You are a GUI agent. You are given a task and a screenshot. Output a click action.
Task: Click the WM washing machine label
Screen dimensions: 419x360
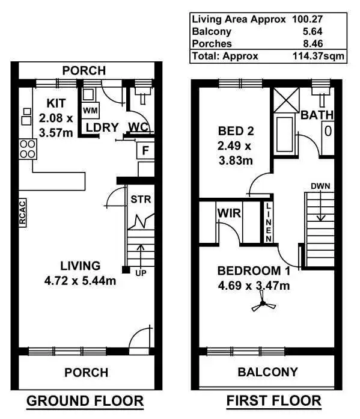pyautogui.click(x=90, y=111)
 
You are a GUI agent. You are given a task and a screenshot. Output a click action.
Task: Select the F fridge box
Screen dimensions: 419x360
pyautogui.click(x=145, y=150)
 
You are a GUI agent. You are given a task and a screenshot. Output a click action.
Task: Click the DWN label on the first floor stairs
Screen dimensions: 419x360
pyautogui.click(x=320, y=185)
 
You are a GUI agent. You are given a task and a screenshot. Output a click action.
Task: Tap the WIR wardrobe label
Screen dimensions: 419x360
pyautogui.click(x=229, y=213)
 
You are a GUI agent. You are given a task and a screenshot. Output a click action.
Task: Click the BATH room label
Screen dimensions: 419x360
pyautogui.click(x=317, y=115)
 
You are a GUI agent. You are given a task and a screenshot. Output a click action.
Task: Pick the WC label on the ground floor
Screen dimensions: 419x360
pyautogui.click(x=138, y=127)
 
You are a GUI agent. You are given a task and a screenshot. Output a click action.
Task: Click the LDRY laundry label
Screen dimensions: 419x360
pyautogui.click(x=101, y=127)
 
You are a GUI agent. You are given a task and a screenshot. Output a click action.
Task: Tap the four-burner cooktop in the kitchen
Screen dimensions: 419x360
pyautogui.click(x=27, y=148)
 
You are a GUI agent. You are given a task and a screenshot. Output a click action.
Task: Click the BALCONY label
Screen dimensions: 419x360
pyautogui.click(x=267, y=372)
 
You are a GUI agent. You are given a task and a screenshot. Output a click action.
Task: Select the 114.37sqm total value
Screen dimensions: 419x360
pyautogui.click(x=323, y=56)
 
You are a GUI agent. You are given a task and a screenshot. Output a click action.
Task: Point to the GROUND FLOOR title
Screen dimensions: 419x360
pyautogui.click(x=85, y=401)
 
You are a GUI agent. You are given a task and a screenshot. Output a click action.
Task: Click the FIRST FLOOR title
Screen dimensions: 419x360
pyautogui.click(x=273, y=401)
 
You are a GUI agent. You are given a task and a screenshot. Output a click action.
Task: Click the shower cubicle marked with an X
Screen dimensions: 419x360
pyautogui.click(x=285, y=99)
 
